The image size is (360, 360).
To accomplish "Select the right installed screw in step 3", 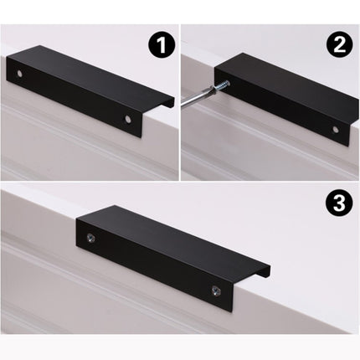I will (212, 292).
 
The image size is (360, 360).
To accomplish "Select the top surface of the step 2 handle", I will (293, 80).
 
